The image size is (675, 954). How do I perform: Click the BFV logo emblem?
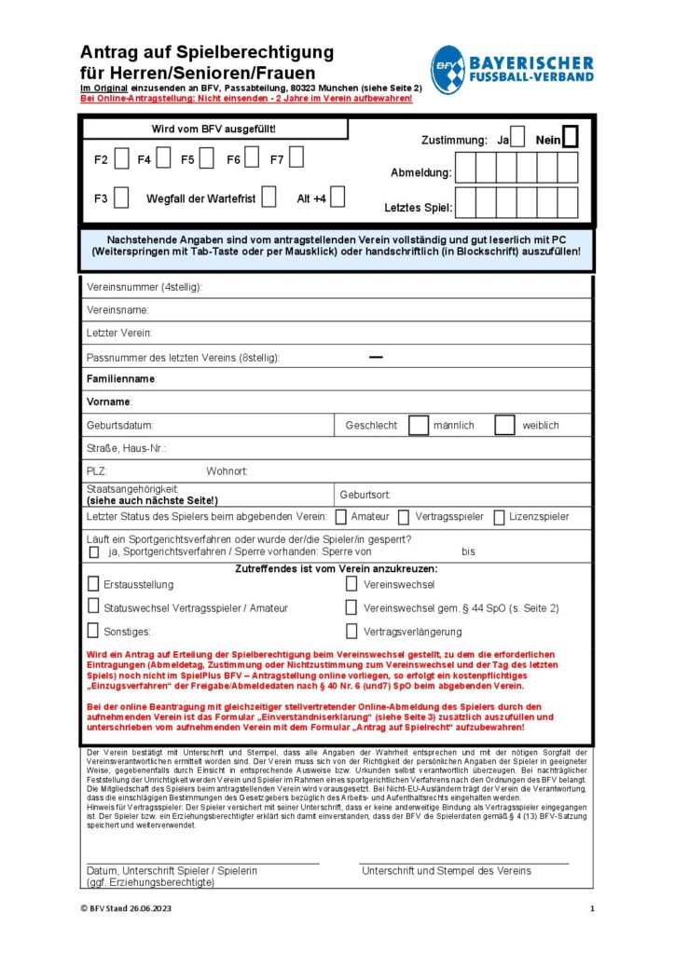[448, 69]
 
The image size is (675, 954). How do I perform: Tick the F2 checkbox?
[122, 159]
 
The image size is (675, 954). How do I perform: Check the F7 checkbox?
[296, 159]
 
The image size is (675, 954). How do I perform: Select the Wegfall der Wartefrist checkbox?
[269, 198]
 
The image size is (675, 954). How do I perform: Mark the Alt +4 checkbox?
[337, 198]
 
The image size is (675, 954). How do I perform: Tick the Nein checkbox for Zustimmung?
[571, 138]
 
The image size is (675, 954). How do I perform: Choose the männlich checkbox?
[419, 425]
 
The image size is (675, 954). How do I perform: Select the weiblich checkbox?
[504, 425]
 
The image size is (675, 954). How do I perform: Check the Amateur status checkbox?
[341, 516]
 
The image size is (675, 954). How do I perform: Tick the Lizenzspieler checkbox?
[500, 516]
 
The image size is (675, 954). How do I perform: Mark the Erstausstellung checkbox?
[93, 584]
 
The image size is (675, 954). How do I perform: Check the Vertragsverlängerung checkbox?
[351, 632]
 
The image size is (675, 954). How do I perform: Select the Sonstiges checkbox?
[93, 632]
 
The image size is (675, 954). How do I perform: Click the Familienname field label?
[121, 379]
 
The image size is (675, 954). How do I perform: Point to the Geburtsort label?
[365, 495]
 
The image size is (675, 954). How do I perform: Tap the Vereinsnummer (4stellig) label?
[144, 287]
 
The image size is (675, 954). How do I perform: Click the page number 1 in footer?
[591, 908]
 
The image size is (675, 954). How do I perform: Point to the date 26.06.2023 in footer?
[149, 908]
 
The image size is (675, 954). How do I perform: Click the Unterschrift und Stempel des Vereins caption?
[446, 870]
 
